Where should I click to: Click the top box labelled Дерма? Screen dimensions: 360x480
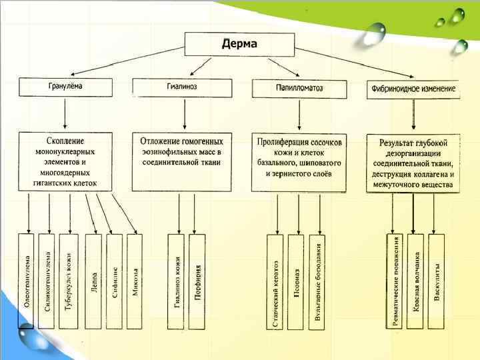[x=239, y=43]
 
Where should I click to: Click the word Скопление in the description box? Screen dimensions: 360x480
[x=65, y=141]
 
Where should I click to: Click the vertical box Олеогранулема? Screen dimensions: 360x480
[x=27, y=281]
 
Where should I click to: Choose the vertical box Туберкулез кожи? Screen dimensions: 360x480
[x=68, y=281]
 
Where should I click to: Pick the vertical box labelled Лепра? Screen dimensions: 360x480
[x=94, y=281]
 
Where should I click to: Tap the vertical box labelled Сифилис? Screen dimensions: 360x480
[x=115, y=281]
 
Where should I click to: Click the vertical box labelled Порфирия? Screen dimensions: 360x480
[x=197, y=281]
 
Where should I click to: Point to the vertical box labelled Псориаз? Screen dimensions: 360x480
[x=296, y=281]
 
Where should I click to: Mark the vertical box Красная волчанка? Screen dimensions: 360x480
[x=415, y=281]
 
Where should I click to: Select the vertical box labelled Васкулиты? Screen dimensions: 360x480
[x=437, y=281]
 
